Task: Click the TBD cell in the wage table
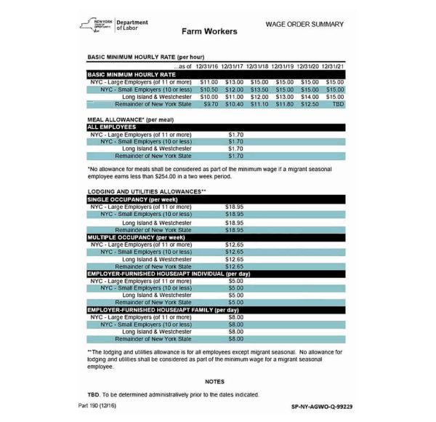coord(335,104)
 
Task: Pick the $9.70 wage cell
coord(209,104)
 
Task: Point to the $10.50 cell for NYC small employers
coord(209,89)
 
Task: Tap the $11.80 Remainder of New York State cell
coord(284,104)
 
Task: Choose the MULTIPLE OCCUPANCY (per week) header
coord(137,237)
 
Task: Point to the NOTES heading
coord(214,381)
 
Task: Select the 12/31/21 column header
coord(335,66)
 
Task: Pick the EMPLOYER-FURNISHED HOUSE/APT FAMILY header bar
coord(163,310)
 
